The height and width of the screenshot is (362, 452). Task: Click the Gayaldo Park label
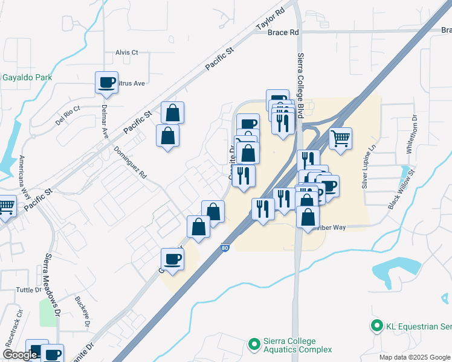click(x=27, y=77)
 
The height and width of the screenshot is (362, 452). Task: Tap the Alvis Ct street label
click(x=127, y=52)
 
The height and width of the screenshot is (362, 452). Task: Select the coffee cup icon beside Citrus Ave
click(x=107, y=82)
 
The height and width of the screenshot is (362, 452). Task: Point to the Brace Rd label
click(x=283, y=33)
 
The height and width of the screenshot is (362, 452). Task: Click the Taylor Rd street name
click(x=270, y=19)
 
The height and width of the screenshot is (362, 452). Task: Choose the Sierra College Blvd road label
click(x=300, y=84)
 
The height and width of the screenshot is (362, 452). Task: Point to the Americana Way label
click(x=25, y=175)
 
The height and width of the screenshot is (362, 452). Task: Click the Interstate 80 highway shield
click(x=225, y=247)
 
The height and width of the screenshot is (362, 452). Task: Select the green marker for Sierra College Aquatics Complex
click(x=254, y=345)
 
